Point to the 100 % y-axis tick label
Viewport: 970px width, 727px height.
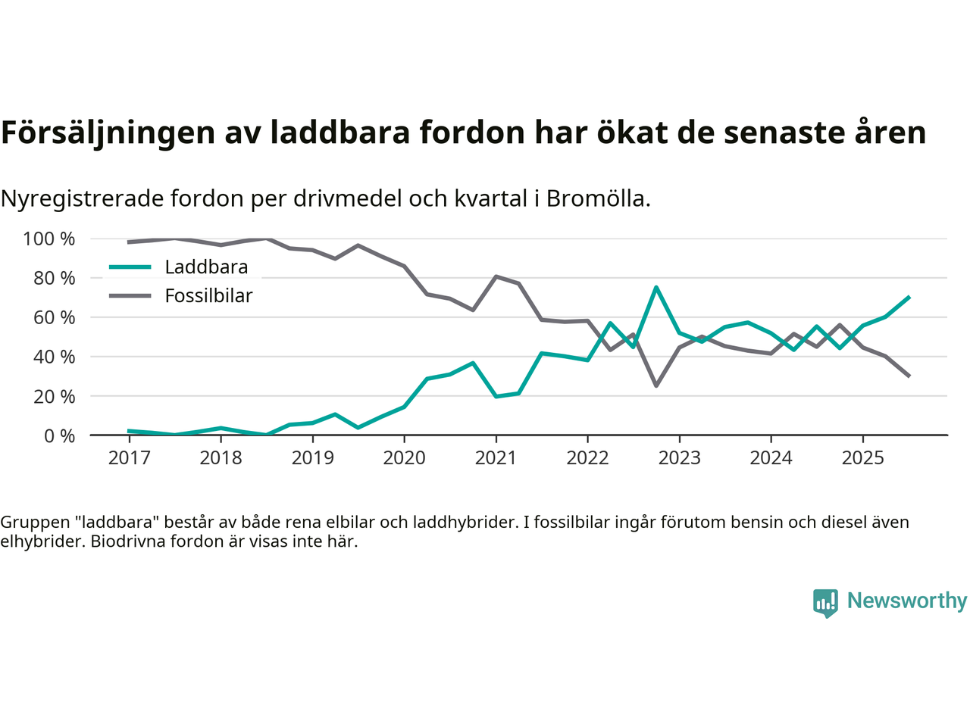49,239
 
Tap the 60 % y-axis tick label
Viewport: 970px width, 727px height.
54,318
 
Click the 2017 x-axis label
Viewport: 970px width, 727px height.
129,458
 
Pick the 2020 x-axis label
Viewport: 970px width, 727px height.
404,458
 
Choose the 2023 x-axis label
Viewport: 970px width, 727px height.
679,458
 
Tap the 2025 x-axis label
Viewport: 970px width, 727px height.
862,458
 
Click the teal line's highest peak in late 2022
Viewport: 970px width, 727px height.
656,287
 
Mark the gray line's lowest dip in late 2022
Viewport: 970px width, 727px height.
656,385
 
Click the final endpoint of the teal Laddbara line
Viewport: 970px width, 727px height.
909,298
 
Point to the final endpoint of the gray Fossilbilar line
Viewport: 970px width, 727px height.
909,376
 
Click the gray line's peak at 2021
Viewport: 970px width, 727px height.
496,276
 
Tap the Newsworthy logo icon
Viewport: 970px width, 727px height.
825,603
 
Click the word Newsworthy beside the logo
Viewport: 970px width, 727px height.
906,601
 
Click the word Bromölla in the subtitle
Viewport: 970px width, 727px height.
598,199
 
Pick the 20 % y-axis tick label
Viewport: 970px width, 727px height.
54,397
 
